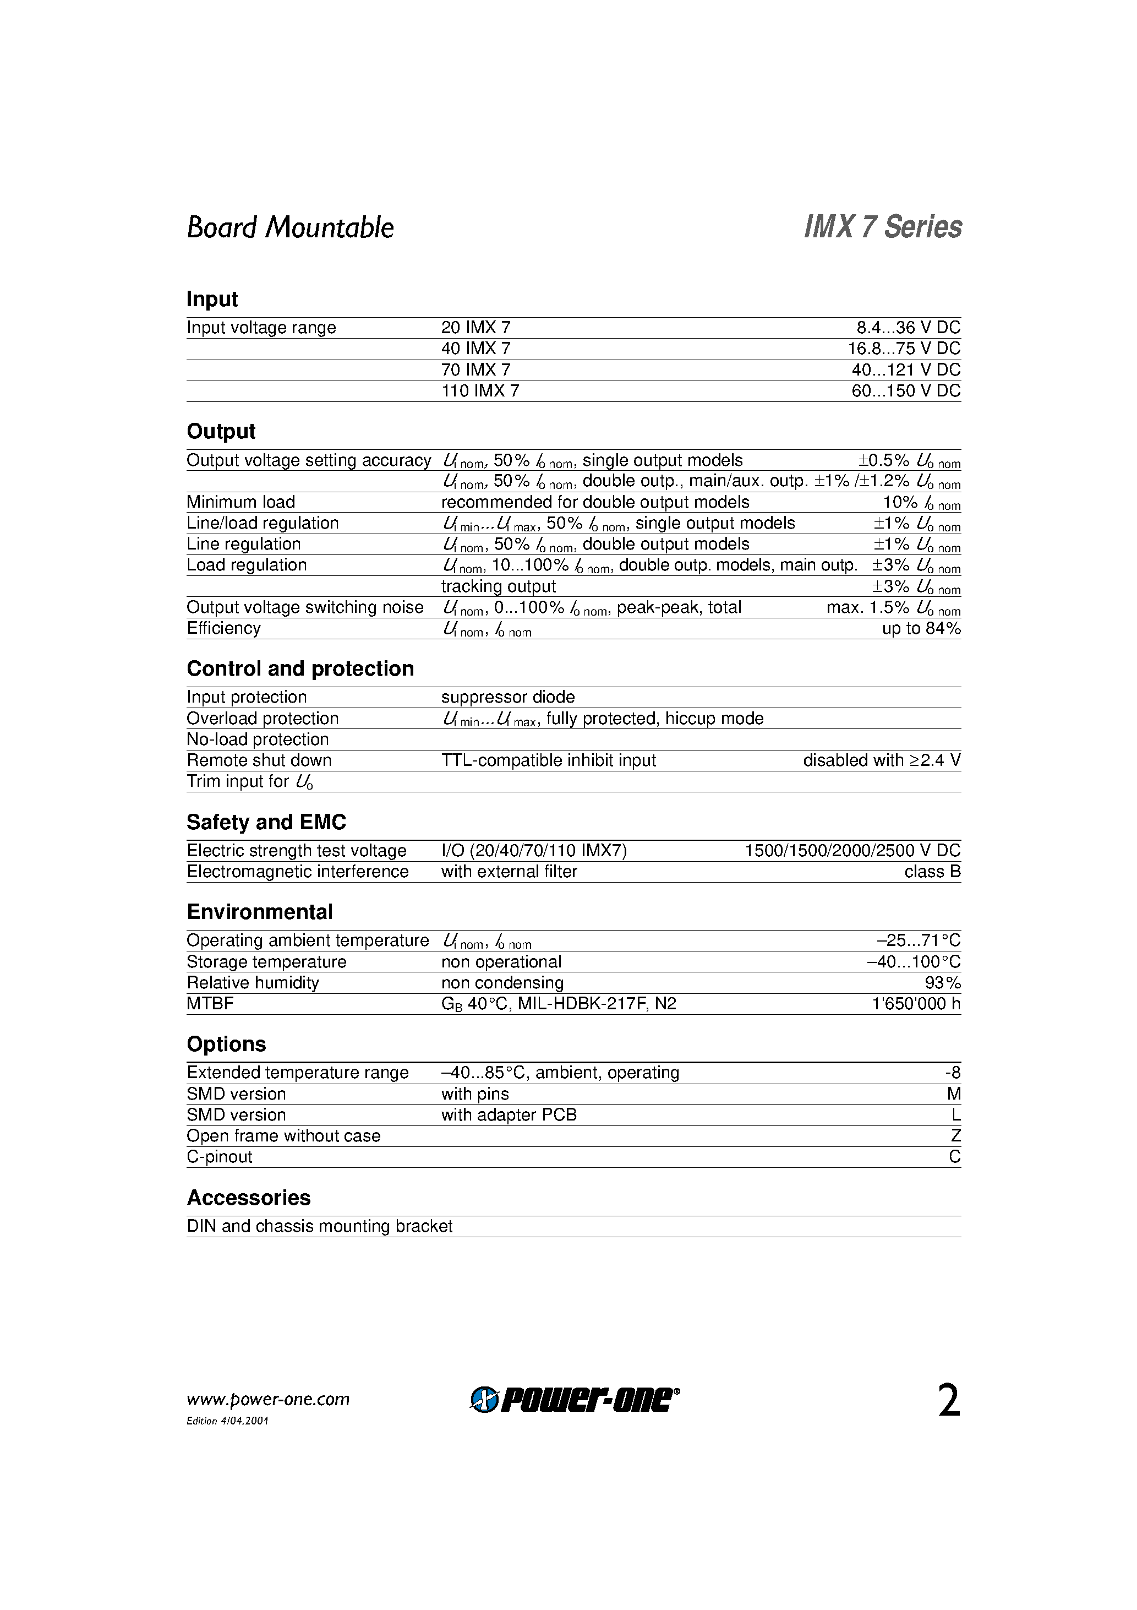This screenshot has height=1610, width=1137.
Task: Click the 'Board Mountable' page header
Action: coord(289,228)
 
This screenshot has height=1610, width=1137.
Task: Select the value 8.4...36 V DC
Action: coord(908,328)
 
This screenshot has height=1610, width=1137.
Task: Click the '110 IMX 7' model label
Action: coord(480,391)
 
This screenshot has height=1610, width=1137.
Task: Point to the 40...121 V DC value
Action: coord(906,370)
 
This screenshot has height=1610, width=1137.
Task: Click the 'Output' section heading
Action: coord(221,431)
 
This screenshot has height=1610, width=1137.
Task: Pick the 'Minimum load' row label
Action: coord(240,502)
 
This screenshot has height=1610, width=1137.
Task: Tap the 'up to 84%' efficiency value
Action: coord(920,629)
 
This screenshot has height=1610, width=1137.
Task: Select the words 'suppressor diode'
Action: coord(507,697)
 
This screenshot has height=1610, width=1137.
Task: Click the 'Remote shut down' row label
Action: coord(259,761)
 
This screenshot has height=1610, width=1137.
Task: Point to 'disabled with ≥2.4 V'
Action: coord(881,761)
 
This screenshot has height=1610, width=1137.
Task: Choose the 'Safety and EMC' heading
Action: coord(266,822)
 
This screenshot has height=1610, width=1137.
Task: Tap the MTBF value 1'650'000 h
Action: coord(915,1004)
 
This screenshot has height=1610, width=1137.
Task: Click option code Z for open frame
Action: coord(955,1136)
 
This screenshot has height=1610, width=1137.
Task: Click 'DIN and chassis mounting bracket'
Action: coord(319,1226)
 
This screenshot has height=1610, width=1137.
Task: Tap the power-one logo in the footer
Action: coord(574,1400)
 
